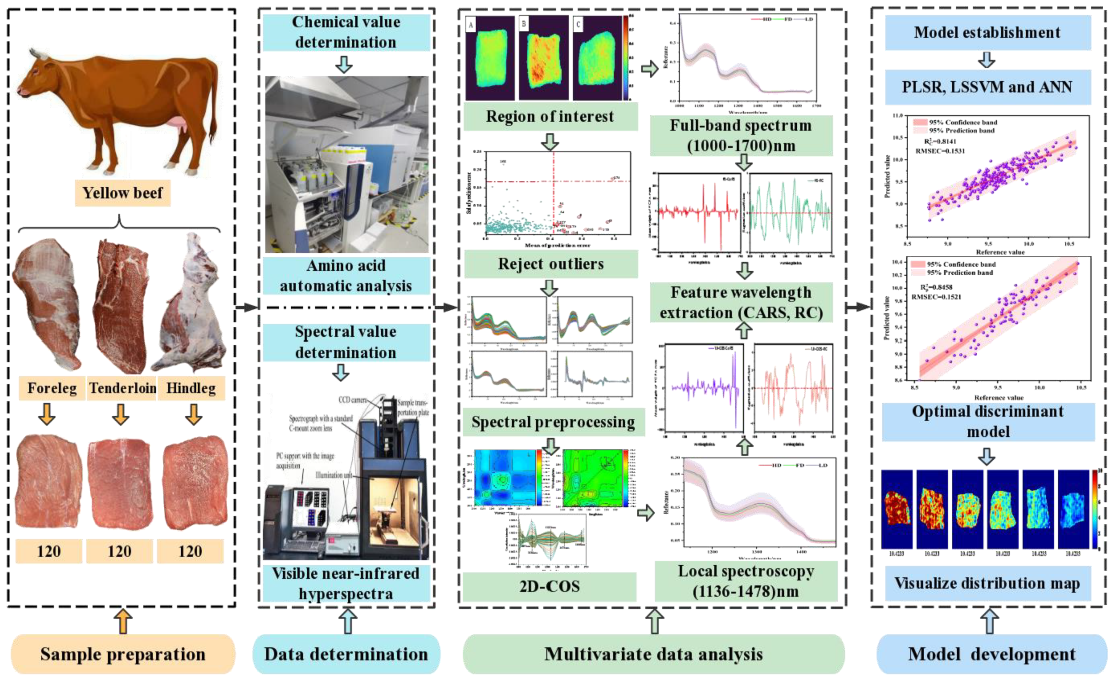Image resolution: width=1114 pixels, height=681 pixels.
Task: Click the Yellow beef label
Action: (123, 193)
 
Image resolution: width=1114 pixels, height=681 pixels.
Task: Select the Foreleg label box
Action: (52, 388)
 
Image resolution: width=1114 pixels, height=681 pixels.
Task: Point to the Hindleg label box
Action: (191, 388)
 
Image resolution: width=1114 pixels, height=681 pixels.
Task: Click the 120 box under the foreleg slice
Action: (49, 551)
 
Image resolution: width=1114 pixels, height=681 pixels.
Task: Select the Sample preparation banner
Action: (123, 654)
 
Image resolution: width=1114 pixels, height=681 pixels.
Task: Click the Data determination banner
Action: (346, 654)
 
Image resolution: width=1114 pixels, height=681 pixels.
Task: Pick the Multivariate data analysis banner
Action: (653, 654)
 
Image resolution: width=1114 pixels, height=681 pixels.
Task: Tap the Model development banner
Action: (992, 654)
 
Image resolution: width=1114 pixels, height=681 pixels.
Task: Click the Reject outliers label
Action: (551, 264)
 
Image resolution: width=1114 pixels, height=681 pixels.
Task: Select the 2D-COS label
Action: (549, 586)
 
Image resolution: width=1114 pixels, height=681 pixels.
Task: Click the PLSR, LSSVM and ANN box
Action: (987, 87)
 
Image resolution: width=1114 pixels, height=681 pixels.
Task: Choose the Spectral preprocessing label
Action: (553, 422)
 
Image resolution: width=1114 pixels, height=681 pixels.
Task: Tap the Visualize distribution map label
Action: (987, 583)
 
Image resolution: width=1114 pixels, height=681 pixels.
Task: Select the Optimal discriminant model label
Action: (988, 421)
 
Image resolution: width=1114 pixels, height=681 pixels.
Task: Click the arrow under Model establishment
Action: (986, 60)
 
